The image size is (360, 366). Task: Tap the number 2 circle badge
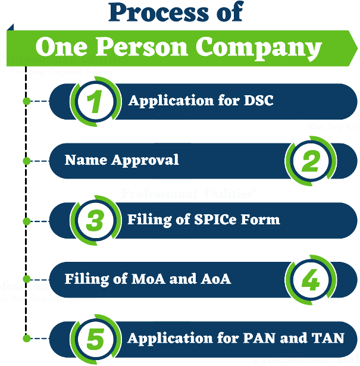[309, 161]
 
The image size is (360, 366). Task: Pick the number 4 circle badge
[309, 279]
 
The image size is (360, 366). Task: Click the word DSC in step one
[259, 101]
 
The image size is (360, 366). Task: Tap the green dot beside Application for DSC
[26, 101]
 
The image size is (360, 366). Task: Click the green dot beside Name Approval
[26, 161]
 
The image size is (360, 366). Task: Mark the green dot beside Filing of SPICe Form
[26, 220]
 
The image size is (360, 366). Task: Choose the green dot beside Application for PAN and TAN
[26, 338]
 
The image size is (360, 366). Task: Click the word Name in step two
[84, 160]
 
